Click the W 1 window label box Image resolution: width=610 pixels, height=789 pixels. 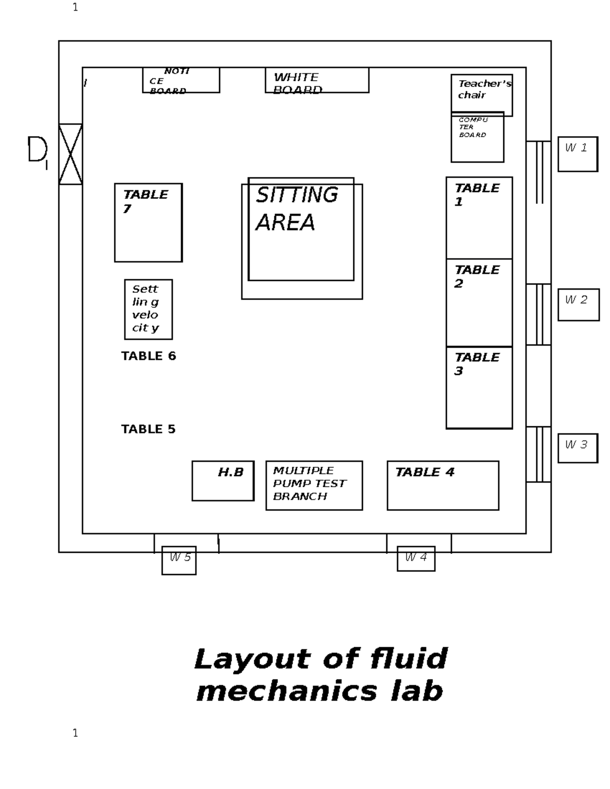click(x=577, y=153)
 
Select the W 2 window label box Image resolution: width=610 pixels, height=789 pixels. click(x=578, y=304)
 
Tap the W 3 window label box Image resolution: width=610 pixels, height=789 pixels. click(x=577, y=448)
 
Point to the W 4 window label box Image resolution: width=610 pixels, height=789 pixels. click(x=416, y=558)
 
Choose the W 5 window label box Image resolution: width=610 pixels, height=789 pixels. click(x=179, y=560)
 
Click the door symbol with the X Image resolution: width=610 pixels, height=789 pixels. click(x=70, y=154)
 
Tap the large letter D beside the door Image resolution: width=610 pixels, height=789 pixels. click(x=37, y=149)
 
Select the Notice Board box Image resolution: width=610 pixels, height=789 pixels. click(x=181, y=80)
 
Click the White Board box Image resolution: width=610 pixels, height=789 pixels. click(x=317, y=80)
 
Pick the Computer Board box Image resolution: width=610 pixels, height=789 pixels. click(x=477, y=137)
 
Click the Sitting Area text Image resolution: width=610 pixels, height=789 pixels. click(x=296, y=209)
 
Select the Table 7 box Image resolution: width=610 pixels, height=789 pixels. click(x=148, y=223)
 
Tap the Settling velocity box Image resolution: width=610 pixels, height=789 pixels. click(x=148, y=309)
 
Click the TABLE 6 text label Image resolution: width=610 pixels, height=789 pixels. click(x=148, y=356)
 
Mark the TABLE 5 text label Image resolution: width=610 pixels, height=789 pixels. click(x=148, y=429)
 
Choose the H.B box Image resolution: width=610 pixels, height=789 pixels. click(x=223, y=481)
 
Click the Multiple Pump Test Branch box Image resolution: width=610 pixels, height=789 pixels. click(x=314, y=485)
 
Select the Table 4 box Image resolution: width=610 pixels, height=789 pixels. click(x=442, y=485)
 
